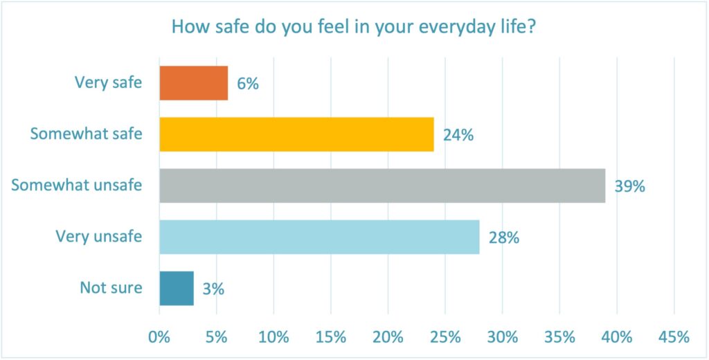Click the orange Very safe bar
(194, 82)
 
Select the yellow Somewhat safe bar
(296, 134)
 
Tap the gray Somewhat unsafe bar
(382, 186)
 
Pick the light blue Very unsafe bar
(319, 237)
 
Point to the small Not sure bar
(177, 289)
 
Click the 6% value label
(247, 83)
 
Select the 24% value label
(458, 135)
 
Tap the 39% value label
(630, 186)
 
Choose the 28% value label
(504, 237)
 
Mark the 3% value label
(213, 289)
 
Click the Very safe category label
(108, 82)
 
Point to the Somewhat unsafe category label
(77, 186)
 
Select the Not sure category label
(111, 288)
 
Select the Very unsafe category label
(99, 237)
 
